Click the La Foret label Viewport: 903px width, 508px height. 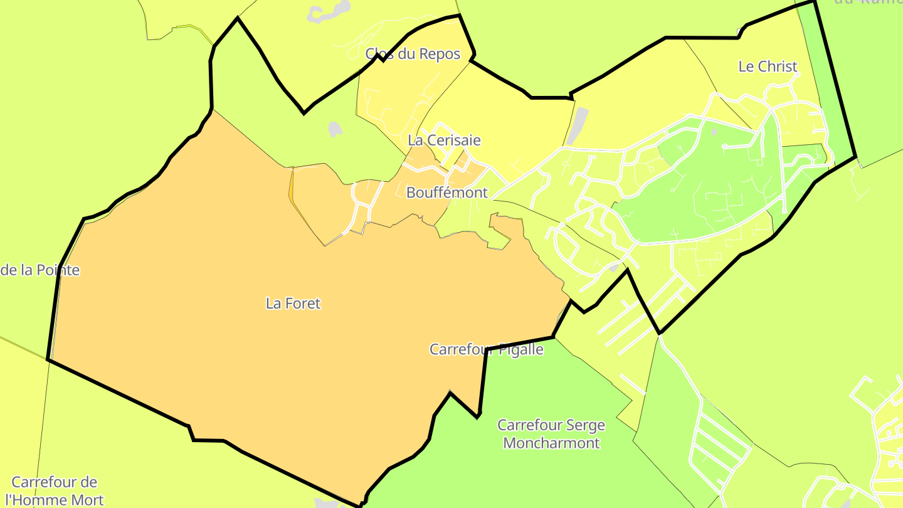(293, 304)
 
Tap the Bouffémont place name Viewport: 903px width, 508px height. (446, 193)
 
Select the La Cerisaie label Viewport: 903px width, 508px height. (444, 140)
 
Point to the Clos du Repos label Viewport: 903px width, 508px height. (413, 54)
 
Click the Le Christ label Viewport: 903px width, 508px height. (768, 66)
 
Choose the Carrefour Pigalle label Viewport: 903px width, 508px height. (486, 349)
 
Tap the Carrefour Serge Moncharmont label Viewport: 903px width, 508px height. (551, 434)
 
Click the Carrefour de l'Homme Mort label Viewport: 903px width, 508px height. (55, 491)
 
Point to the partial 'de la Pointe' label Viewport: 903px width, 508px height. (40, 270)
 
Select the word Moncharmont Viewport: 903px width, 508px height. (551, 443)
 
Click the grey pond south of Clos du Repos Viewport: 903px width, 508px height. (335, 129)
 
